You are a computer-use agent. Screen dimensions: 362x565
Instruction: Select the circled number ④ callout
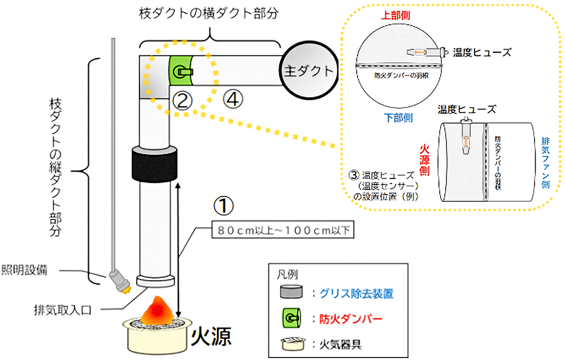coord(233,100)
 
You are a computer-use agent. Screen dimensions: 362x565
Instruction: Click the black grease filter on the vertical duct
coord(154,163)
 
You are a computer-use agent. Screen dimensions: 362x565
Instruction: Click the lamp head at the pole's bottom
coord(119,281)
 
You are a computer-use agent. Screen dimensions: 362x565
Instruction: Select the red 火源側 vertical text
coord(425,159)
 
